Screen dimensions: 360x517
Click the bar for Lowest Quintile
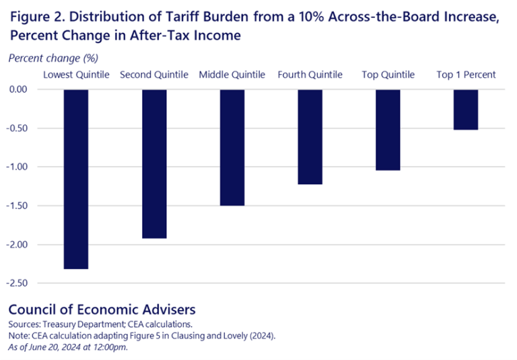point(76,179)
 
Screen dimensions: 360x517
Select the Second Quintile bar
point(154,164)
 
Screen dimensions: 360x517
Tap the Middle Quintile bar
point(232,147)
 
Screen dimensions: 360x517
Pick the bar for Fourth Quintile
point(310,137)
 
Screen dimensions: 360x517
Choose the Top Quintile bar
point(388,130)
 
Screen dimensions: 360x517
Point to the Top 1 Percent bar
point(466,110)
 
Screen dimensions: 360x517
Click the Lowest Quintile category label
point(76,75)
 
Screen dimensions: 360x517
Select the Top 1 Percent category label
point(466,75)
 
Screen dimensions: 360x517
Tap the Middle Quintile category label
point(232,75)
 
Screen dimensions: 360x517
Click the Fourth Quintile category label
point(310,75)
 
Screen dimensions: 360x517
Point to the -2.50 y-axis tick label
point(22,283)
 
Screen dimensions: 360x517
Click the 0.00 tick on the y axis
point(23,89)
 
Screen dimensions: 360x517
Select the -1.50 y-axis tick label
point(22,206)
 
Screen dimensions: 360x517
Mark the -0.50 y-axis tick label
point(22,129)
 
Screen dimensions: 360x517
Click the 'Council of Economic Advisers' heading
point(102,310)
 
